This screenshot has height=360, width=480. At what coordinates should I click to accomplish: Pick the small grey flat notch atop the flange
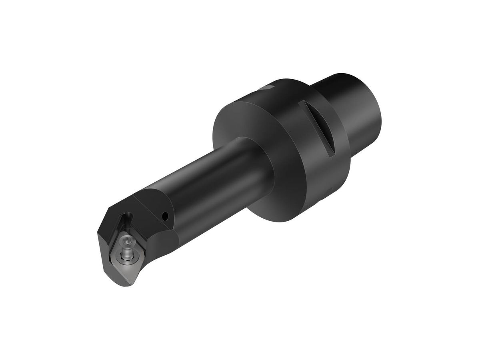click(x=266, y=87)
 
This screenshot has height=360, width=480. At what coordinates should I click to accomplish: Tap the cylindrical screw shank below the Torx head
click(x=126, y=250)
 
